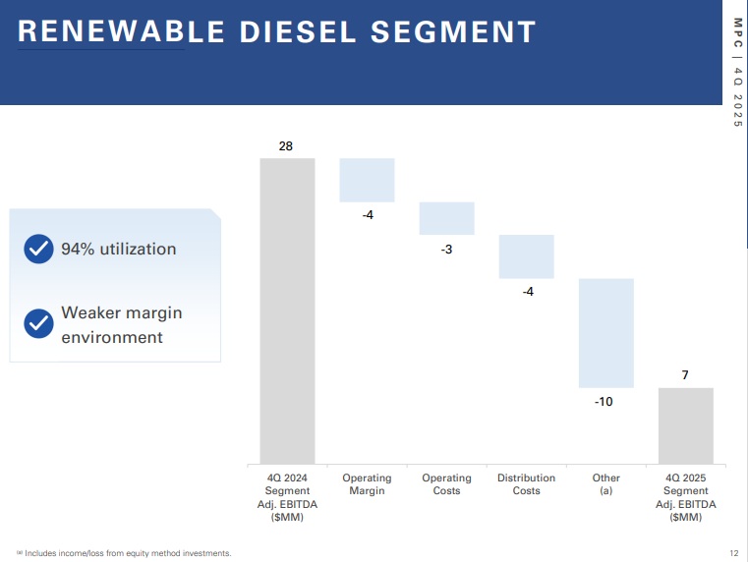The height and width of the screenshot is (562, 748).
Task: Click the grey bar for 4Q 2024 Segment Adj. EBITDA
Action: [x=287, y=310]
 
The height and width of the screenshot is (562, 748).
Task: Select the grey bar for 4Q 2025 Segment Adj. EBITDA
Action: [x=685, y=425]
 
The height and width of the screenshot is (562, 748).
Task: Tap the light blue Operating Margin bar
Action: [x=367, y=180]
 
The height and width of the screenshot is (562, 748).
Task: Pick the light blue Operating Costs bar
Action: [x=446, y=218]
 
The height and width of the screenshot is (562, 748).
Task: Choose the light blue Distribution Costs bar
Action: [x=526, y=256]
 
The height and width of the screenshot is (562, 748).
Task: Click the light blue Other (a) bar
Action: [x=605, y=333]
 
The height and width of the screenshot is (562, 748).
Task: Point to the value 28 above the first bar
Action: [x=286, y=145]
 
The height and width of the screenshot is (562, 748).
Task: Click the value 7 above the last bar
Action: [x=686, y=375]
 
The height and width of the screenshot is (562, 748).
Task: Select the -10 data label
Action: [x=604, y=401]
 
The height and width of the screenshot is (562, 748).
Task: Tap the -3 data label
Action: [x=446, y=249]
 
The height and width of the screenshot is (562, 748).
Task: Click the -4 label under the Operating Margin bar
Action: [x=368, y=214]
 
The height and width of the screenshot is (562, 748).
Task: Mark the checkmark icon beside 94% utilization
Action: [x=37, y=249]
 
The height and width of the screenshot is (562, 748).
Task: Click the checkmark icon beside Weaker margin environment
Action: [x=37, y=323]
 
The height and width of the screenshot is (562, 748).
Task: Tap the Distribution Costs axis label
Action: [x=526, y=484]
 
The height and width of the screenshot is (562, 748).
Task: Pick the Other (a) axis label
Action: [x=606, y=484]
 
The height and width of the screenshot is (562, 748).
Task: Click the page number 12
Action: [x=733, y=553]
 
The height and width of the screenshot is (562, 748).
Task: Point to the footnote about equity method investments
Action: [x=124, y=553]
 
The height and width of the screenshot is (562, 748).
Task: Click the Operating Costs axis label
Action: [x=446, y=484]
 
